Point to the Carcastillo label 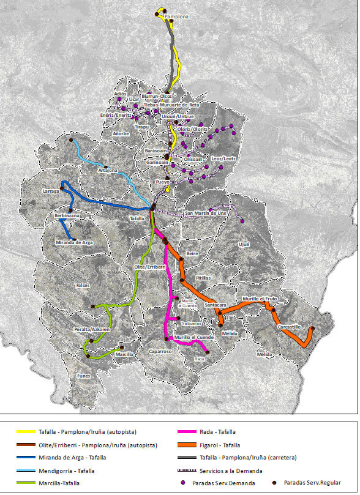(289, 327)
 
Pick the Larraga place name (51, 192)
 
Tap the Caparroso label (161, 352)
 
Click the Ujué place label (245, 244)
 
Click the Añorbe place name (122, 133)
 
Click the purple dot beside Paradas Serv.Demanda (184, 483)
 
